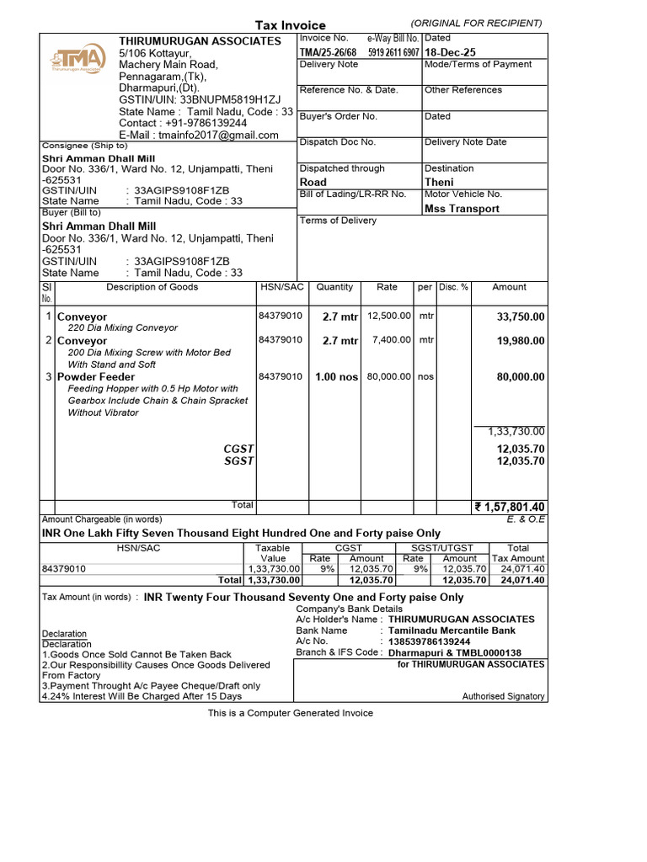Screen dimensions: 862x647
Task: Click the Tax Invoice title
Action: point(291,25)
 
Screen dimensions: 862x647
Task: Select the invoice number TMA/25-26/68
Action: point(329,52)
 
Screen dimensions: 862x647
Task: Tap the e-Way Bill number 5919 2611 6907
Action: point(393,52)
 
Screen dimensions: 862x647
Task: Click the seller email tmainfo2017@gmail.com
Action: point(199,135)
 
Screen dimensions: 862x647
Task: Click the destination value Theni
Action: point(439,182)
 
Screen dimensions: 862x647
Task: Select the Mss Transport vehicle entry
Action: point(462,209)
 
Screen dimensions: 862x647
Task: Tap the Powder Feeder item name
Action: point(96,377)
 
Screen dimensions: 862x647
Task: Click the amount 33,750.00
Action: point(521,317)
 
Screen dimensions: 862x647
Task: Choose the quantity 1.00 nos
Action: point(336,377)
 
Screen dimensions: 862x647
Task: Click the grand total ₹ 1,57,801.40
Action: point(510,507)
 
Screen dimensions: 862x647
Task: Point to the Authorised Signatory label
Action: point(503,696)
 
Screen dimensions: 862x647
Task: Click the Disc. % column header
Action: point(453,287)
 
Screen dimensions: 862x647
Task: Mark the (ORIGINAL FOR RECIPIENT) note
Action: point(476,23)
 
